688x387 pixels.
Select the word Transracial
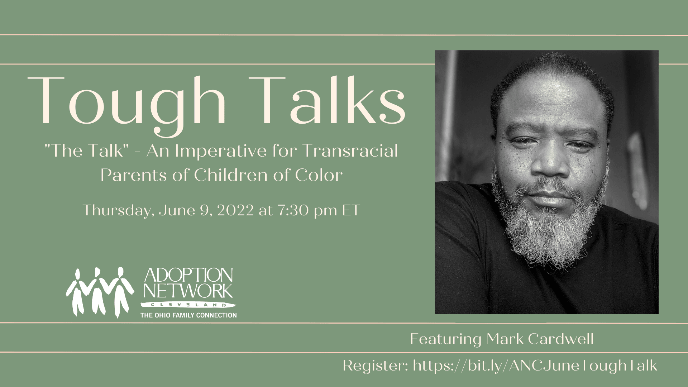tap(350, 150)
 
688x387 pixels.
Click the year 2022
tap(235, 210)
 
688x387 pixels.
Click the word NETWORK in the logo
tap(188, 291)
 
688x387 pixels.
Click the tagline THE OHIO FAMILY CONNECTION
tap(188, 315)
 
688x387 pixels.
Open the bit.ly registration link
tap(535, 366)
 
